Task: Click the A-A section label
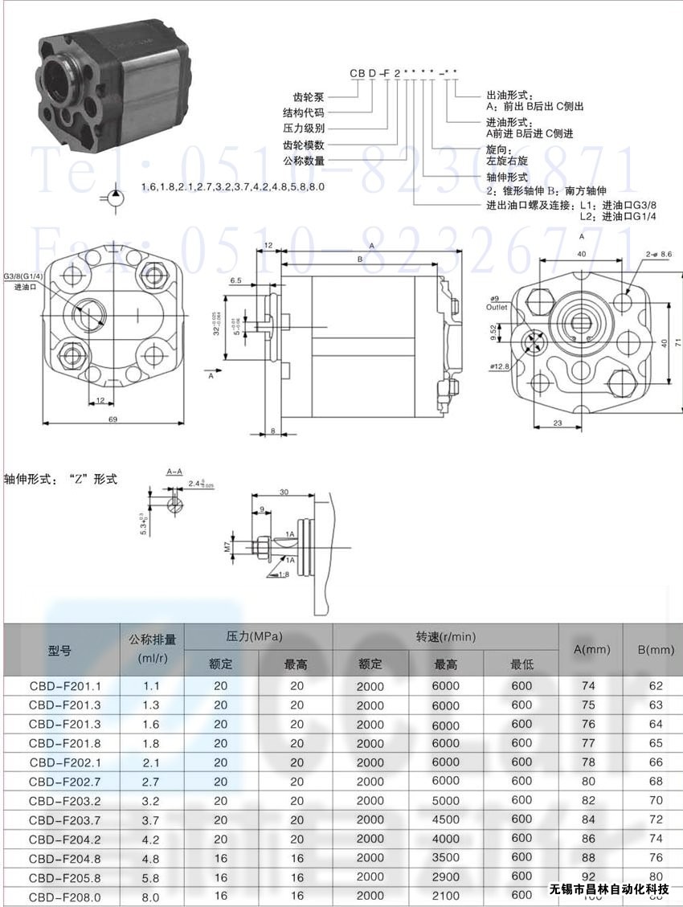pos(174,470)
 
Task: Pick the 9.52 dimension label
pos(493,332)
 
